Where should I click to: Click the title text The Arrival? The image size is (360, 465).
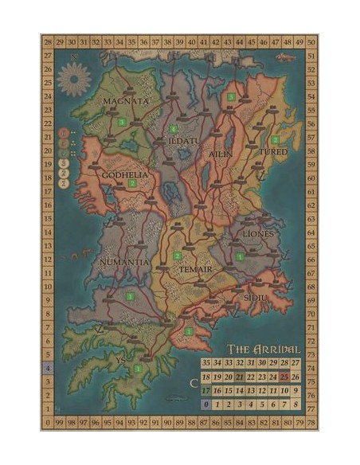tap(264, 349)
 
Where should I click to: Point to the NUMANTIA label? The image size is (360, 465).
tap(123, 260)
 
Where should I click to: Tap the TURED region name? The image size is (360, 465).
tap(272, 151)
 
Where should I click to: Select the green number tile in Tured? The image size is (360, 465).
tap(275, 139)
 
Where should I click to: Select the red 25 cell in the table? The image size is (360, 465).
tap(284, 377)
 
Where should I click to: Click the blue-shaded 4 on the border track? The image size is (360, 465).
tap(47, 369)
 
